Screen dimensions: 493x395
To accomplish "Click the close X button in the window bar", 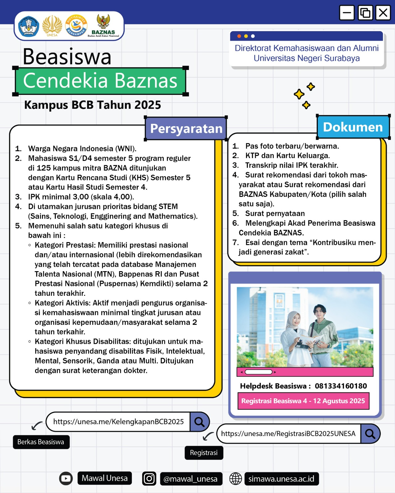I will pyautogui.click(x=383, y=13).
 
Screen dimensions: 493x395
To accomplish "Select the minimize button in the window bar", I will pyautogui.click(x=347, y=13).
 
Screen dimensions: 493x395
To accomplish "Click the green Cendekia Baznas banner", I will pyautogui.click(x=100, y=81).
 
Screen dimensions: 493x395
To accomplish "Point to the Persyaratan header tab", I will pyautogui.click(x=186, y=128).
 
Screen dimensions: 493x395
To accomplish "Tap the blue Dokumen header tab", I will pyautogui.click(x=353, y=127).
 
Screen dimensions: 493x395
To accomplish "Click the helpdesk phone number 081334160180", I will pyautogui.click(x=341, y=386).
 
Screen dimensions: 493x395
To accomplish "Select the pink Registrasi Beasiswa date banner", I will pyautogui.click(x=303, y=401).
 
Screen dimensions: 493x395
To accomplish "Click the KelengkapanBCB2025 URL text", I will pyautogui.click(x=118, y=422).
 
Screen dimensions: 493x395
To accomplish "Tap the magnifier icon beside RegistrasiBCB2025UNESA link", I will pyautogui.click(x=370, y=434).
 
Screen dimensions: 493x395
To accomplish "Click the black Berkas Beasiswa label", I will pyautogui.click(x=41, y=442).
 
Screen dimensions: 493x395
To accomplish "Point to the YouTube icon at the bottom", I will pyautogui.click(x=66, y=479).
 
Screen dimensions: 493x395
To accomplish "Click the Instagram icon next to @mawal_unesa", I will pyautogui.click(x=149, y=479).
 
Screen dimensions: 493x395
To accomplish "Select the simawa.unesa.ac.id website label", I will pyautogui.click(x=281, y=479).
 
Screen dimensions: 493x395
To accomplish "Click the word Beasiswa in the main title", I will pyautogui.click(x=67, y=57).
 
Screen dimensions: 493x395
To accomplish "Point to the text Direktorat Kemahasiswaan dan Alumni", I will pyautogui.click(x=306, y=48).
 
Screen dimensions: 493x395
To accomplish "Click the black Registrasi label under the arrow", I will pyautogui.click(x=204, y=453).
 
